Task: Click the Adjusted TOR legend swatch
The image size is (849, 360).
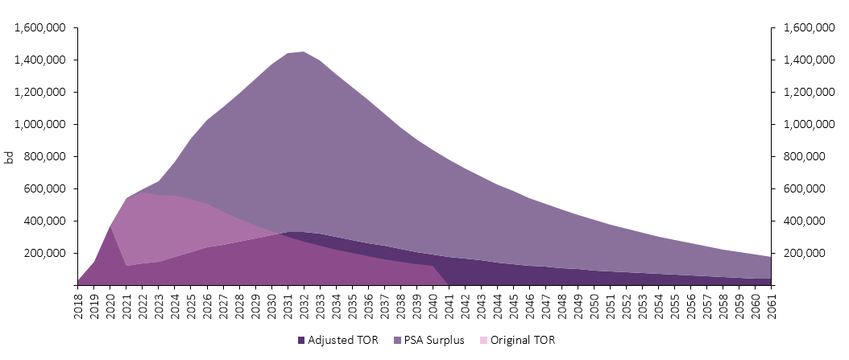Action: pos(302,341)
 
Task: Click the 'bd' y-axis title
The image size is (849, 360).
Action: pos(9,156)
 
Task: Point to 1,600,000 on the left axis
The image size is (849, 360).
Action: pos(40,27)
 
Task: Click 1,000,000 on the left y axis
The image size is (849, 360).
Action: pos(40,124)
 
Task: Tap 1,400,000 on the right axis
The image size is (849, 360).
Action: pos(803,60)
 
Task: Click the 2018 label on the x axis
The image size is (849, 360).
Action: pos(78,307)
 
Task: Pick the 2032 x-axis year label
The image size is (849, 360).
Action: pos(304,307)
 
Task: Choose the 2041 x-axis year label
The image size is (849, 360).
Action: pos(449,307)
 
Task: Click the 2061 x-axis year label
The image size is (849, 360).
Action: pos(771,307)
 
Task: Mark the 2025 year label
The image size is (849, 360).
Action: pos(191,307)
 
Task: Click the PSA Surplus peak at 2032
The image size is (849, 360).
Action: pos(303,52)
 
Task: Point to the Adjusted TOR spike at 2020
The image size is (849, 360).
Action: pos(110,226)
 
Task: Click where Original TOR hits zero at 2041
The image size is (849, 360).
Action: pos(449,284)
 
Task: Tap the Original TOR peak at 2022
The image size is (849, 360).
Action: pos(143,192)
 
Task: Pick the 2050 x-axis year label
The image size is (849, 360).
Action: pos(594,307)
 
